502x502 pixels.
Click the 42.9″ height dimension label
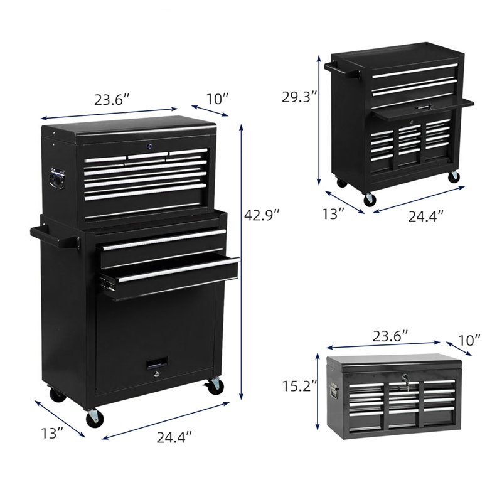[262, 215]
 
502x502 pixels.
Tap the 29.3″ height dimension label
[299, 97]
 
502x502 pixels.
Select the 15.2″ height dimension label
[299, 386]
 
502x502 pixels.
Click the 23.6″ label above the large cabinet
[112, 100]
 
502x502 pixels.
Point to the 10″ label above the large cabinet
[217, 99]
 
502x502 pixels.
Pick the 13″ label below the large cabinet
[53, 433]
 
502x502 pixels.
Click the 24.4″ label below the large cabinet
[174, 437]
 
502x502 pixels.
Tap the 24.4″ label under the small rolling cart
[426, 216]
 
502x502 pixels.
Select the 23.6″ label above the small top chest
[390, 336]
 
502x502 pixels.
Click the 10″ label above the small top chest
[469, 340]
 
